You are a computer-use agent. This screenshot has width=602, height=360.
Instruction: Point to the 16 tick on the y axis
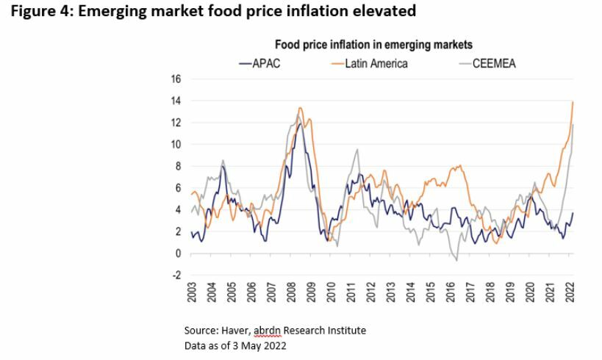pyautogui.click(x=176, y=79)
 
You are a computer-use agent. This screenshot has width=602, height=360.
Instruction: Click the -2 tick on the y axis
pyautogui.click(x=175, y=276)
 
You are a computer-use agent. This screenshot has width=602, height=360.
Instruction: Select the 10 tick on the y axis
pyautogui.click(x=176, y=144)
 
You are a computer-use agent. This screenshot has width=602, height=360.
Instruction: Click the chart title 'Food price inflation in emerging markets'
pyautogui.click(x=373, y=46)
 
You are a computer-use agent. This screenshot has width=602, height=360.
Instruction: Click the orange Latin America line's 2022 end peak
pyautogui.click(x=573, y=102)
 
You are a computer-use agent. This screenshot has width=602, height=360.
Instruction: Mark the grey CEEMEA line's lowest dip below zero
pyautogui.click(x=456, y=260)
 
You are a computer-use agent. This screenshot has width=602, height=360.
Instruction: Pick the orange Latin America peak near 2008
pyautogui.click(x=299, y=108)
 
